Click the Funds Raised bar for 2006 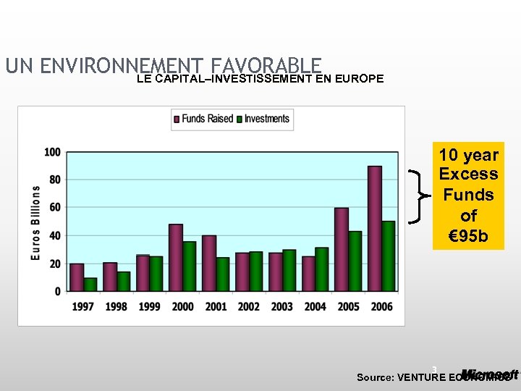[x=375, y=228]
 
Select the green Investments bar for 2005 [x=355, y=261]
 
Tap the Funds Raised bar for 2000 [x=176, y=257]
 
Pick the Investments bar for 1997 [x=90, y=285]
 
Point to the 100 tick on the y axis [x=52, y=152]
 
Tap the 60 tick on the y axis [x=54, y=208]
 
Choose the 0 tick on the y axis [x=58, y=291]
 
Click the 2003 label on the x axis [x=281, y=307]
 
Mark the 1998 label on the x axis [x=116, y=307]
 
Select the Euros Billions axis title [x=35, y=222]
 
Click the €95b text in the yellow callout [x=468, y=236]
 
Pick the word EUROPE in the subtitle [x=360, y=78]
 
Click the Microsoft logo [x=490, y=374]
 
